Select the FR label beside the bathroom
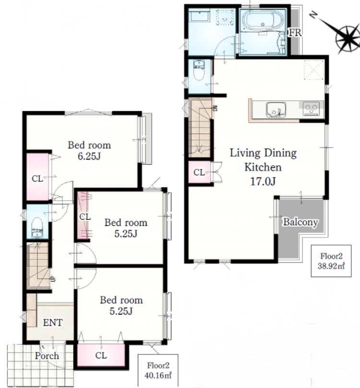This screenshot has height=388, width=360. tap(295, 33)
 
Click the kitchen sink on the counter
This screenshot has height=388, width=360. tap(276, 109)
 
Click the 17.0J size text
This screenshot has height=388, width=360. tap(263, 181)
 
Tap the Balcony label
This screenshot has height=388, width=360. tap(300, 222)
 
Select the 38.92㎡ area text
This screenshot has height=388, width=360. tap(331, 266)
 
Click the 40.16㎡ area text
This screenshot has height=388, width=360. tap(158, 376)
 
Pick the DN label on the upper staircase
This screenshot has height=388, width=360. tap(215, 108)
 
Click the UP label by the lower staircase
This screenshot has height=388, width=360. tap(53, 279)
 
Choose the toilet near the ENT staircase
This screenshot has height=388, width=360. tap(37, 228)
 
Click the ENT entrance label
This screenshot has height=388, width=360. tap(53, 322)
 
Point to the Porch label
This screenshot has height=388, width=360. tap(47, 356)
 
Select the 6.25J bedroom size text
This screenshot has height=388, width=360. tap(89, 156)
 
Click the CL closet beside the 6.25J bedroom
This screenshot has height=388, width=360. tap(37, 176)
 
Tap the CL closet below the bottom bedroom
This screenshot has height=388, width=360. tap(101, 355)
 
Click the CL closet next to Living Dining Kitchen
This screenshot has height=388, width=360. tap(199, 172)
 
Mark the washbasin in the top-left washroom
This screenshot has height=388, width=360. tap(199, 17)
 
